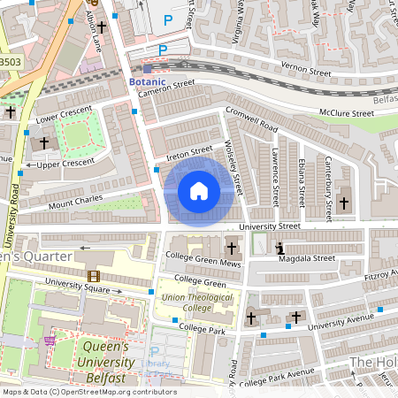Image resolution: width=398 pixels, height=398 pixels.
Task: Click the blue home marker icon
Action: pos(199,191)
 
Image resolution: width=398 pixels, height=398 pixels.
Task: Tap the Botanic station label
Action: pos(147,81)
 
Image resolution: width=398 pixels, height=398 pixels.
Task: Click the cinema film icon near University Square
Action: pos(94,277)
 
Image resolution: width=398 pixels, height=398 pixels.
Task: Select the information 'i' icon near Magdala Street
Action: pos(280,249)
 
